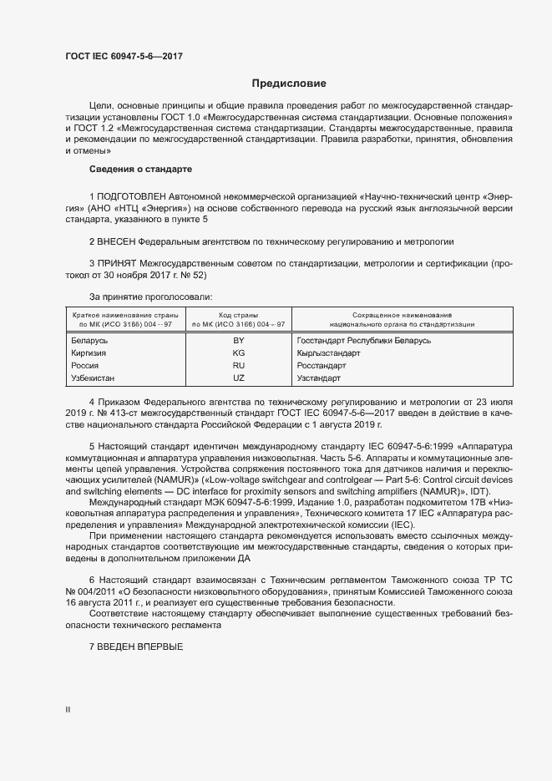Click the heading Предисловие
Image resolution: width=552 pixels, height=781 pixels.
coord(289,84)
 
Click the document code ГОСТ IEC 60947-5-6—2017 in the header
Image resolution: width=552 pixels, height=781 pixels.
coord(124,56)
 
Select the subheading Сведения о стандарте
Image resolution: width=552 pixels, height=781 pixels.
coord(140,170)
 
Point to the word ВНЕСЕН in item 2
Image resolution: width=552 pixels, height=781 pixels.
coord(119,241)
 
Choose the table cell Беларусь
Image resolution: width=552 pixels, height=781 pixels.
coord(90,341)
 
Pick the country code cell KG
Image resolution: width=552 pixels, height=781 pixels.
coord(238,353)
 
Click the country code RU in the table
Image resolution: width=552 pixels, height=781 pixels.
coord(238,366)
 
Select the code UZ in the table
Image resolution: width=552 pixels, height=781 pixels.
coord(238,378)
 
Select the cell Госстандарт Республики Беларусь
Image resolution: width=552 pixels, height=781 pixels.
coord(363,341)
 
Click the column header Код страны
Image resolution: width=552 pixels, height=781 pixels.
coord(238,313)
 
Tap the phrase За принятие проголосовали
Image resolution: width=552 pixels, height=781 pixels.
coord(150,297)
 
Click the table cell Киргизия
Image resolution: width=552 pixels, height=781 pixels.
coord(90,353)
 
